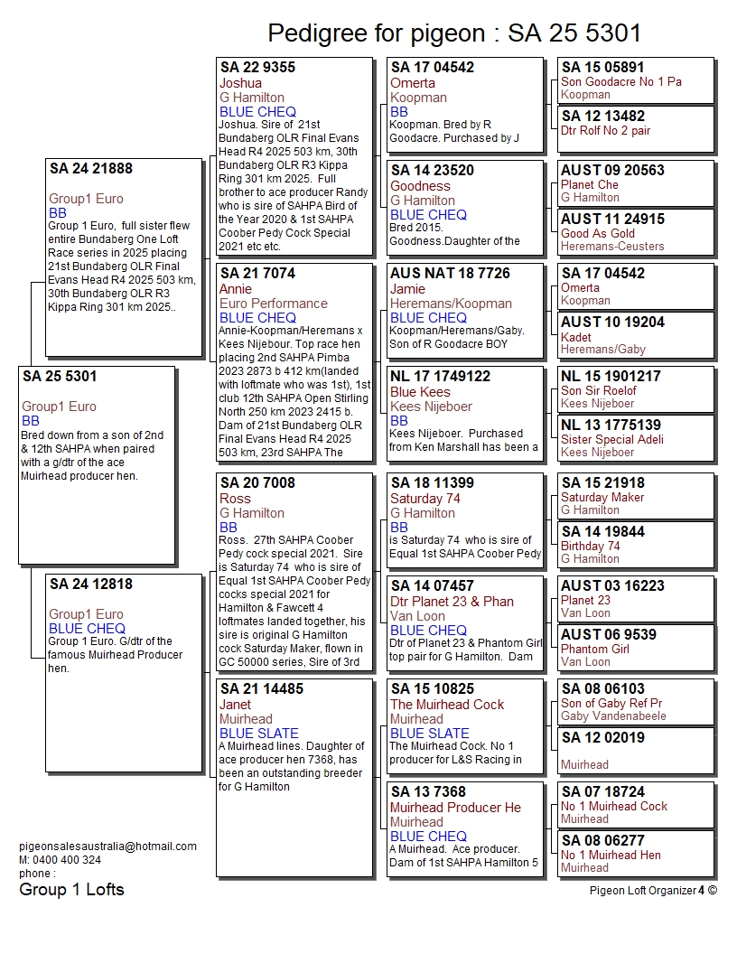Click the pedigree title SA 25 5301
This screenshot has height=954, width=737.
(x=454, y=33)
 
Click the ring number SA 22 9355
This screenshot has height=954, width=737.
(x=257, y=67)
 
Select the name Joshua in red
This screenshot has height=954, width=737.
(x=240, y=83)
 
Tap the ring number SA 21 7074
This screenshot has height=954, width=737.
(x=257, y=273)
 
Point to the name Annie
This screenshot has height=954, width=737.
(x=236, y=289)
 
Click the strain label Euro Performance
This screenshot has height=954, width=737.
(x=273, y=304)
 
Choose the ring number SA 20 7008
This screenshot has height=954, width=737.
(x=257, y=482)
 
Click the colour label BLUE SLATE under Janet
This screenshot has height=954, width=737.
(x=258, y=734)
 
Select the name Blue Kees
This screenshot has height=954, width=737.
(x=420, y=392)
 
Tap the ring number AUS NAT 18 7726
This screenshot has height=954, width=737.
(x=450, y=273)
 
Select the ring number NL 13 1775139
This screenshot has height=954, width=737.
(x=611, y=425)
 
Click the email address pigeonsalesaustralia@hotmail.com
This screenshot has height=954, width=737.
(x=107, y=846)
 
